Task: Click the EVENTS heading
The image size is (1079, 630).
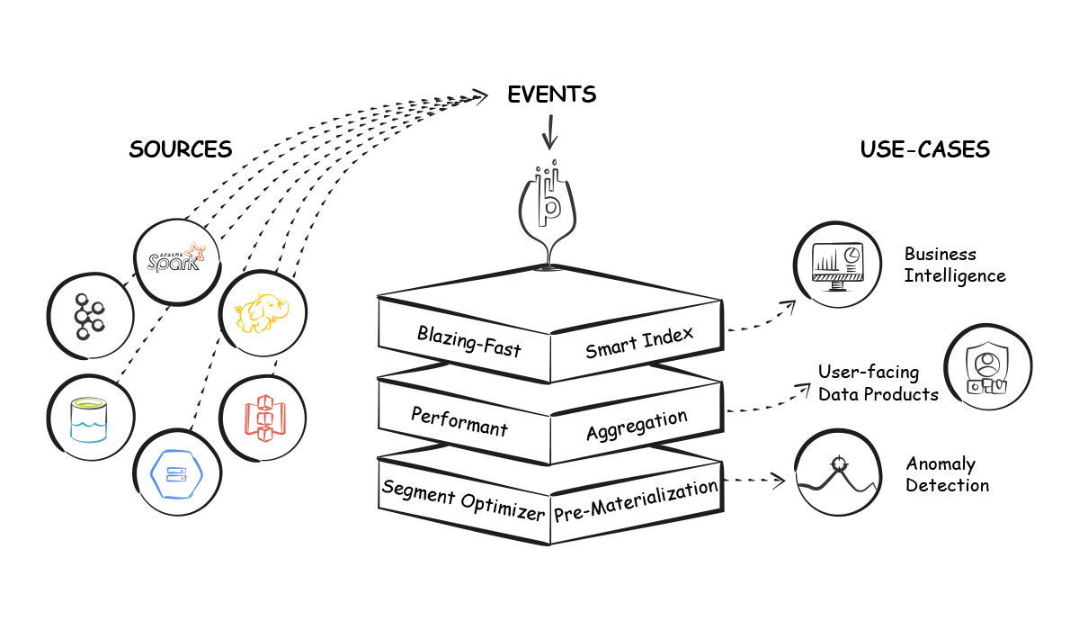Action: click(551, 94)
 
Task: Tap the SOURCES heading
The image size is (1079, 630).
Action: click(180, 149)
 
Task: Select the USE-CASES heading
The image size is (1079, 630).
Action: click(924, 149)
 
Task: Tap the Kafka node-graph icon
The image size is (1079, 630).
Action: click(89, 315)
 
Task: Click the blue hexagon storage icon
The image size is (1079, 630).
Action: click(176, 474)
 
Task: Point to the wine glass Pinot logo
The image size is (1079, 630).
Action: click(548, 207)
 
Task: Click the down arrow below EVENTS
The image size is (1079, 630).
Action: click(549, 134)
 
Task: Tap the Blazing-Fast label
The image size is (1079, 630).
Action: click(468, 341)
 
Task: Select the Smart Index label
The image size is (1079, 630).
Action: click(639, 343)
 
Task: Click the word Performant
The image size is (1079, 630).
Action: click(459, 421)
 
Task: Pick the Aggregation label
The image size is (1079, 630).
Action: click(637, 424)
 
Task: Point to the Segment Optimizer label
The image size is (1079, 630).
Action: click(463, 500)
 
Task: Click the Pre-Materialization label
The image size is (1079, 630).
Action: click(636, 501)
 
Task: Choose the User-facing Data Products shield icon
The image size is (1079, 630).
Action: click(986, 368)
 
